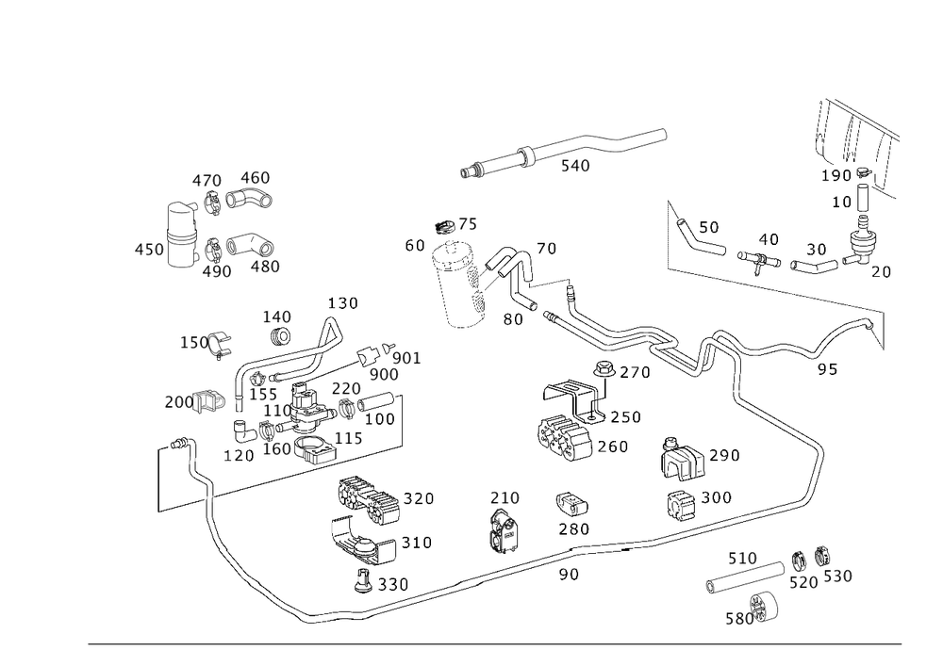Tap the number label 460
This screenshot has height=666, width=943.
tap(254, 178)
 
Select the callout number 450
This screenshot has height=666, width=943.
tap(149, 250)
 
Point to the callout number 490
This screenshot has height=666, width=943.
tap(216, 271)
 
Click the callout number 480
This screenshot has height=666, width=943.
tap(264, 267)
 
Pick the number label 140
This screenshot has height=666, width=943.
tap(277, 316)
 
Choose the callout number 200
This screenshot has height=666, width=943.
tap(177, 402)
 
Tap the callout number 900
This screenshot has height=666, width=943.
tap(384, 374)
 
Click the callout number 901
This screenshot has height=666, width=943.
tap(405, 359)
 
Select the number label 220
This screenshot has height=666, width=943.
tap(346, 388)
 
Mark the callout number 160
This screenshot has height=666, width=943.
tap(276, 449)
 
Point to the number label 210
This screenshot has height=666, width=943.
tap(505, 496)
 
